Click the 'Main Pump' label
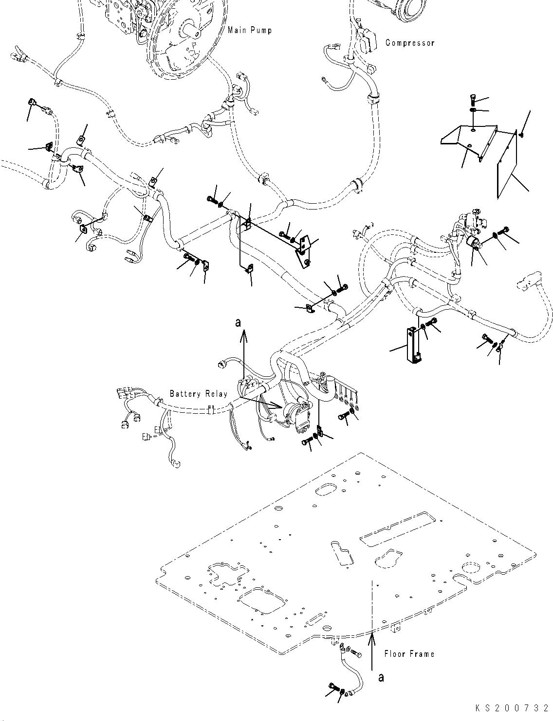coord(249,30)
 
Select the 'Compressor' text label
coord(409,43)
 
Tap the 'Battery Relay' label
coord(198,393)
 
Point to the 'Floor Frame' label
coord(409,654)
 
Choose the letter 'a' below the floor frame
coord(381,677)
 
